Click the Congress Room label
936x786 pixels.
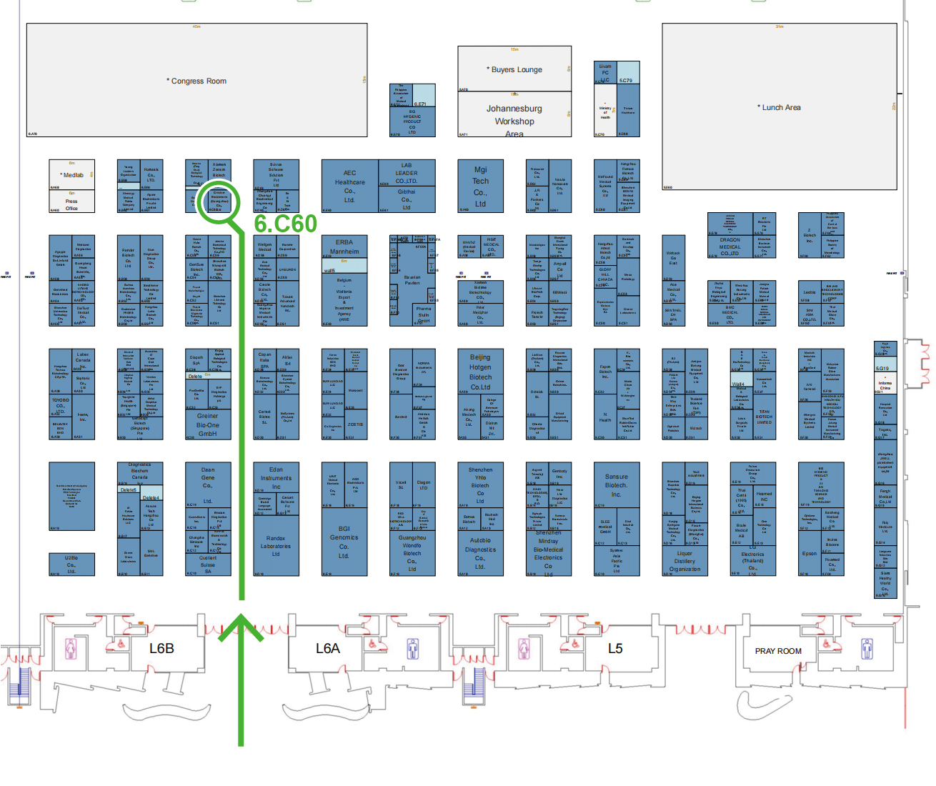(x=197, y=81)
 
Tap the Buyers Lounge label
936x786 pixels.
(x=514, y=69)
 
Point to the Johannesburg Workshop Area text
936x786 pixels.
(x=514, y=120)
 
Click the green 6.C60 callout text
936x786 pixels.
(x=285, y=224)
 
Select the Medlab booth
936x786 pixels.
(x=71, y=175)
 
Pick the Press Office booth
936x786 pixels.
(x=71, y=204)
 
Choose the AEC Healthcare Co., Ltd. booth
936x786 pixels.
(x=349, y=186)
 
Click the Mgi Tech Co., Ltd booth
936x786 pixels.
(x=480, y=186)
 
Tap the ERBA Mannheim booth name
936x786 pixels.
(x=344, y=247)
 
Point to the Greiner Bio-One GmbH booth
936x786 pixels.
(x=208, y=424)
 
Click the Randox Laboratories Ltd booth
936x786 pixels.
(x=276, y=546)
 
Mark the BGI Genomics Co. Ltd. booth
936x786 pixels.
(x=344, y=542)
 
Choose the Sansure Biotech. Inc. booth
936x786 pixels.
(x=617, y=485)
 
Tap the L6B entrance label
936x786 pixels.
(x=161, y=648)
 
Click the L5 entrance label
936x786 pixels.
(x=615, y=648)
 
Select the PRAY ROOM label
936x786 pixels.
(x=778, y=651)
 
